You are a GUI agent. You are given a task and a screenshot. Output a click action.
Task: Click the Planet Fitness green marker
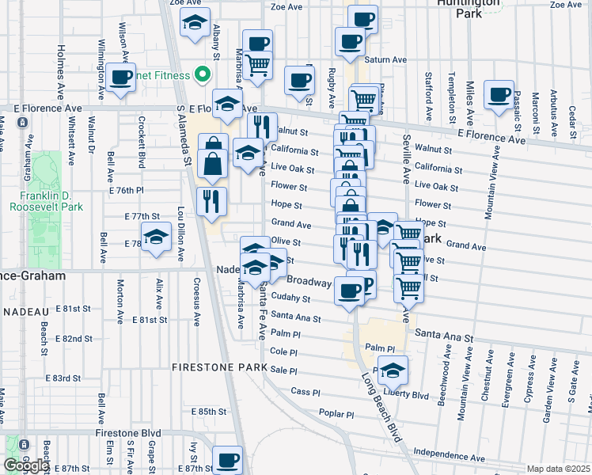click(x=202, y=76)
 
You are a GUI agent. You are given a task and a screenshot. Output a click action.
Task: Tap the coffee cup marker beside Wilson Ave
click(x=120, y=78)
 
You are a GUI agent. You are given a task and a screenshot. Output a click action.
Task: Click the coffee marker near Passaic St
click(x=499, y=95)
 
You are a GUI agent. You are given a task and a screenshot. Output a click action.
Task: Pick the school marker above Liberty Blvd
click(x=393, y=370)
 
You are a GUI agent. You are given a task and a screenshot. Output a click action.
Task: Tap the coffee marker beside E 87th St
click(x=229, y=459)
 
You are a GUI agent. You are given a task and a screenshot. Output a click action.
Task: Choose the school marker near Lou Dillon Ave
click(x=156, y=236)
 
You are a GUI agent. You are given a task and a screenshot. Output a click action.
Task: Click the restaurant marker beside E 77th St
click(x=211, y=201)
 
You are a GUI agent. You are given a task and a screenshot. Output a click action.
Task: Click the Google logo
click(x=25, y=465)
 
